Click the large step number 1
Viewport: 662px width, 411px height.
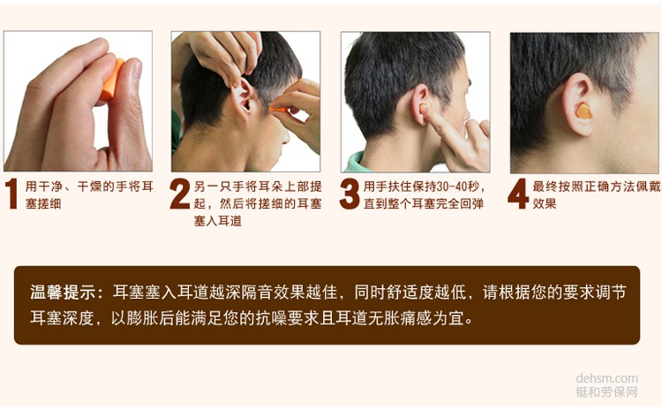[12, 194]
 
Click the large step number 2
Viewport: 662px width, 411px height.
[180, 194]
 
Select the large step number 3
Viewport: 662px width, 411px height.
[350, 194]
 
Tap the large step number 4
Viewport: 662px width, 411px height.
[518, 194]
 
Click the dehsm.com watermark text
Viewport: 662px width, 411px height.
[606, 378]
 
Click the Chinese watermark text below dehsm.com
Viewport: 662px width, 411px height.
[606, 392]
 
